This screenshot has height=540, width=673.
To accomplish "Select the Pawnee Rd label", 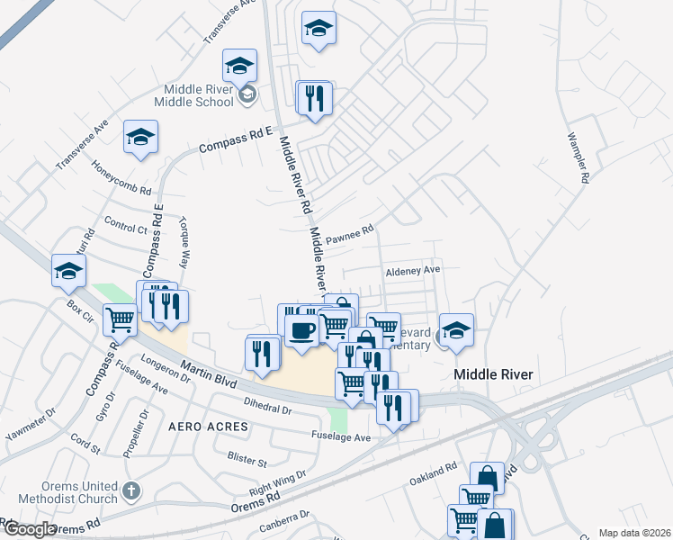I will click(x=349, y=236).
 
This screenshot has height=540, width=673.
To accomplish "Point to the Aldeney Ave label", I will click(x=413, y=270).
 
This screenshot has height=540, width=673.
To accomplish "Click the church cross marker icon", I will click(x=131, y=491).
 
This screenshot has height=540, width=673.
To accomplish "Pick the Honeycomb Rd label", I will click(x=121, y=178).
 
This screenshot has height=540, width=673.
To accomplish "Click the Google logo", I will click(x=29, y=529).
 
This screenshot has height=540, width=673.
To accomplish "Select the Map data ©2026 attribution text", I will click(x=634, y=533).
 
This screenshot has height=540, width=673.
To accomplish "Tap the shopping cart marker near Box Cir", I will click(x=121, y=319).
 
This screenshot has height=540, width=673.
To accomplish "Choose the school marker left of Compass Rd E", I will click(x=140, y=137).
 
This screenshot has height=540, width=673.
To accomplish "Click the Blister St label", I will click(x=247, y=461).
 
